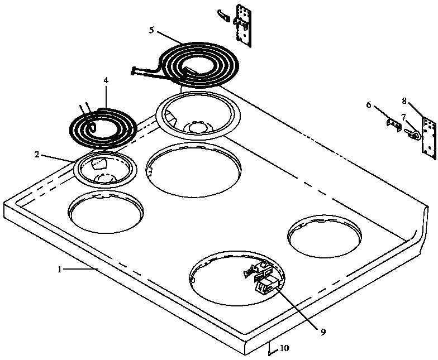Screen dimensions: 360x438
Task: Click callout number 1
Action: click(x=59, y=269)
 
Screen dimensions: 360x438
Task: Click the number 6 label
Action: click(x=368, y=104)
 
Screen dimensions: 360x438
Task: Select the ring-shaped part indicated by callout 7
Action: click(x=414, y=134)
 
